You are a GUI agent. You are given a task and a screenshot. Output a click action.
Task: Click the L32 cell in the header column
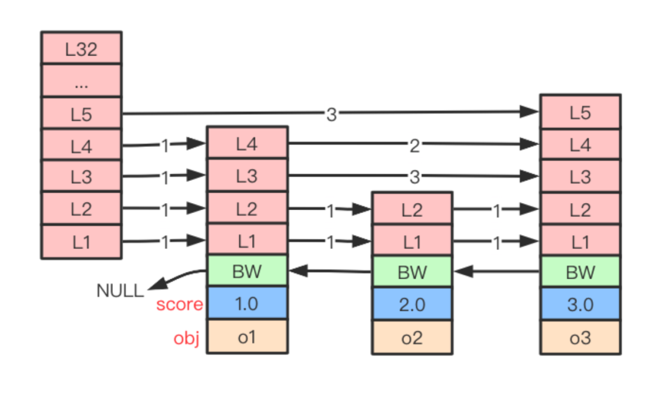coord(81,48)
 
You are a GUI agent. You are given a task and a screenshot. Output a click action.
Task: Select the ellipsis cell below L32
coord(81,81)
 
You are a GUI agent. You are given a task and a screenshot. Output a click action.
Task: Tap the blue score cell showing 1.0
coord(247,303)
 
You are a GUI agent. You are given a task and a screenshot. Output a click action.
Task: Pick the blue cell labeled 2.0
coord(412,304)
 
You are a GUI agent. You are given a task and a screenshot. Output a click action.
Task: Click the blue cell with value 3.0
coord(580,304)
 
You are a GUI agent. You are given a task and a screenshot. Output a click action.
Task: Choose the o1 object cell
coord(247,337)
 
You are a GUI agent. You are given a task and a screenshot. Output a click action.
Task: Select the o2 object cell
coord(412,337)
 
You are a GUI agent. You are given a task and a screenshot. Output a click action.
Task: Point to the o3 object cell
coord(580,337)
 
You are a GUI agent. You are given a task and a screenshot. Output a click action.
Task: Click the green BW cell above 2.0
coord(412,272)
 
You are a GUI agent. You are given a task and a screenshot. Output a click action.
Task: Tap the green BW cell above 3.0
coord(580,272)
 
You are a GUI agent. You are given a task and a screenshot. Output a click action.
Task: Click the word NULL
coord(120,290)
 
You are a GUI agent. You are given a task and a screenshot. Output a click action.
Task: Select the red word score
coord(180,304)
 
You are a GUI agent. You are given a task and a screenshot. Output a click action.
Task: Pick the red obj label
coord(186,338)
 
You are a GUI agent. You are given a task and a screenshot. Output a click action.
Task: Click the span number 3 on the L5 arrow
coord(331,115)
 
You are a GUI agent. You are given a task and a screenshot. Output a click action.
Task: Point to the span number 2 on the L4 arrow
coord(414,146)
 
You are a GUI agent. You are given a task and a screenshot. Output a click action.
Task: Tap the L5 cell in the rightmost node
coord(580,112)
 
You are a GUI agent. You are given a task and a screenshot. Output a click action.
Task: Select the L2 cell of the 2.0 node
coord(412,209)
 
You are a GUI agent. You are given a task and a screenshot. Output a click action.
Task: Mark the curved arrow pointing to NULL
coord(176,275)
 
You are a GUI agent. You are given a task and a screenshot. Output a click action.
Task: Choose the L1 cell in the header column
coord(81,242)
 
